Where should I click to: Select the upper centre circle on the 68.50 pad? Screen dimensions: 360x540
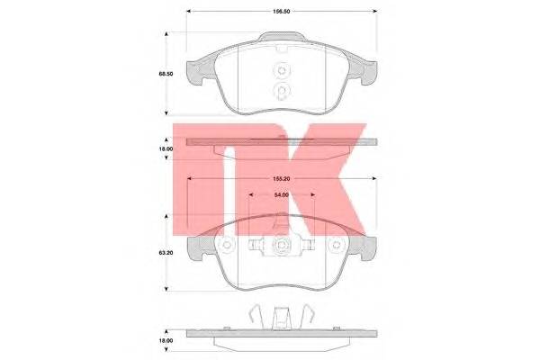point(281,73)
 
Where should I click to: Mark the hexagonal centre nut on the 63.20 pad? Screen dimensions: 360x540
point(282,244)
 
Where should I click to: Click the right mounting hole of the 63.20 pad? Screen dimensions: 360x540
point(337,244)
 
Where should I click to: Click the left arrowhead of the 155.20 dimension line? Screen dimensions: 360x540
point(189,179)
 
